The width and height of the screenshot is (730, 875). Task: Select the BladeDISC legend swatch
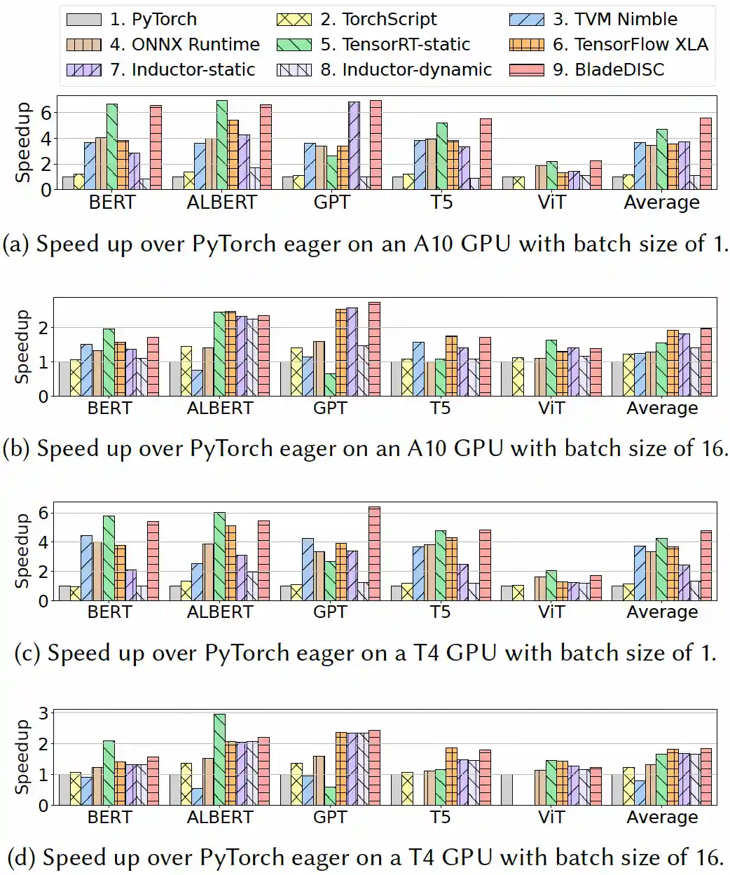pos(527,70)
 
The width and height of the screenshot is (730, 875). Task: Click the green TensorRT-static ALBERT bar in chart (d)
pos(220,759)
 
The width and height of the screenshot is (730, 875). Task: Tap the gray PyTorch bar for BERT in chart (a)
pos(68,183)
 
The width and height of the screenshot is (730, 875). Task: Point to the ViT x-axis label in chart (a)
pos(551,202)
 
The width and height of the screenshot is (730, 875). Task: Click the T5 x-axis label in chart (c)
pos(440,612)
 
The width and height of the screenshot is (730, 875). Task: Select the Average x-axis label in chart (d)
pos(662,818)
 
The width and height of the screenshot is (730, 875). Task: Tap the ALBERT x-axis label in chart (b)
pos(220,408)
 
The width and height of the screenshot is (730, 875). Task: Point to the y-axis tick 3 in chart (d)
pos(43,713)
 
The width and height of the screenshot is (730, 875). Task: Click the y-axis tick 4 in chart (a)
pos(46,139)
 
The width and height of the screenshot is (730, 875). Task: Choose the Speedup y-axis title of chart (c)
pos(23,551)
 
